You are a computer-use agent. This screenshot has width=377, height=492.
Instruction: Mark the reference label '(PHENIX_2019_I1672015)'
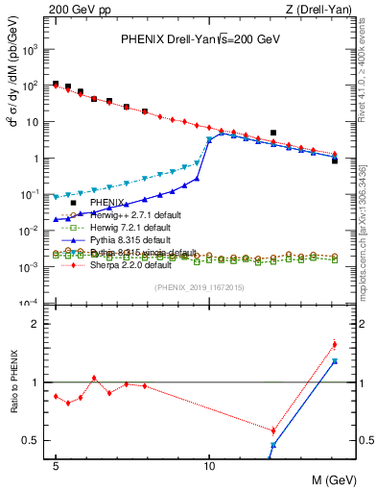[199, 287]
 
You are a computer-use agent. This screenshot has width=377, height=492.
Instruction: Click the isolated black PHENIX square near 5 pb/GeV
[273, 133]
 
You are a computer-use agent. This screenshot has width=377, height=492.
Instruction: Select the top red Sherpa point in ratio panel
[334, 344]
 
